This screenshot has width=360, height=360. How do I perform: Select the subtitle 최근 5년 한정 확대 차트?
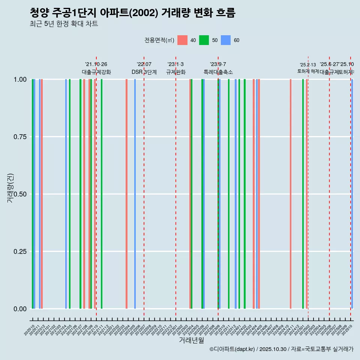point(64,24)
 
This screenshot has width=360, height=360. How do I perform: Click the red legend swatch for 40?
point(182,40)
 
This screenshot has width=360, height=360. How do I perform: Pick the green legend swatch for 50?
point(204,40)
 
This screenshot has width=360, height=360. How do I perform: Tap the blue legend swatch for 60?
point(226,40)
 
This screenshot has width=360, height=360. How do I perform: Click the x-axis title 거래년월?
point(191,340)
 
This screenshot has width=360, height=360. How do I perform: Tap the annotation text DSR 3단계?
point(144,72)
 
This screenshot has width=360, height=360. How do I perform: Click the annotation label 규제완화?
point(176,72)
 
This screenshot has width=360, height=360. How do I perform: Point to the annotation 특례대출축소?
point(218,72)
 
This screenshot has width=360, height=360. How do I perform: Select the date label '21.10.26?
point(96,64)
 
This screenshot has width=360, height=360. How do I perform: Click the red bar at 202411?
point(291,194)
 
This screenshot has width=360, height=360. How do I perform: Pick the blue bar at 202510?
point(352,194)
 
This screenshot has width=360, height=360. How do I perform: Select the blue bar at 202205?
point(135,194)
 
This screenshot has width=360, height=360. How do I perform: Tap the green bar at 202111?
point(102,194)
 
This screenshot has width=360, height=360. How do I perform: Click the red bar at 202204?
point(126,194)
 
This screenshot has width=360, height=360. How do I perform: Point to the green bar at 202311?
point(229,194)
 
